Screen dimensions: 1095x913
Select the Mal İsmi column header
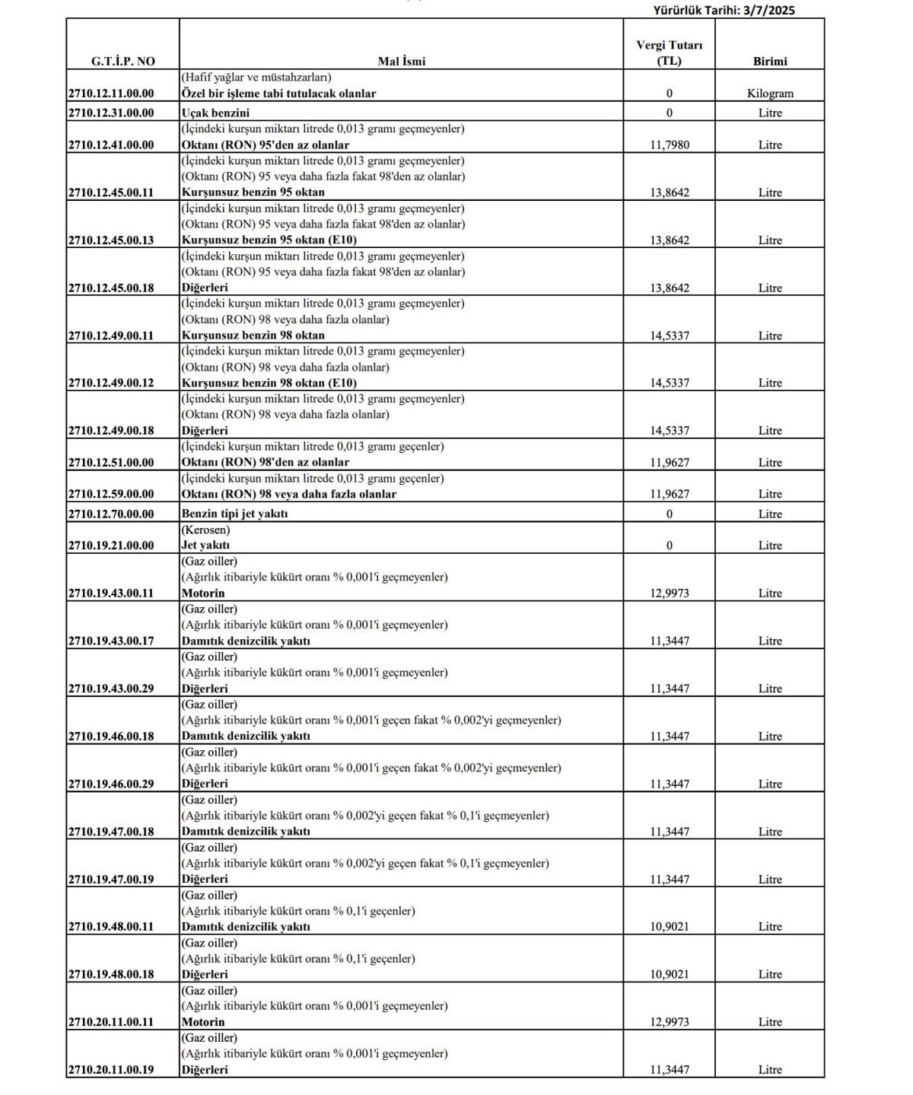tap(401, 61)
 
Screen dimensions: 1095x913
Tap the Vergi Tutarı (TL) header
tap(669, 53)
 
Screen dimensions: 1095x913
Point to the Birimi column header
tap(769, 61)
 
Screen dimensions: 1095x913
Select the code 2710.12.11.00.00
tap(111, 94)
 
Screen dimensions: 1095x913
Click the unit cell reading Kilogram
tap(769, 94)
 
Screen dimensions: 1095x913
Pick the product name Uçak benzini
tap(215, 113)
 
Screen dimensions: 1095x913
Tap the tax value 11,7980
tap(669, 145)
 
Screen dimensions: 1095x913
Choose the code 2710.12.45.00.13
tap(111, 240)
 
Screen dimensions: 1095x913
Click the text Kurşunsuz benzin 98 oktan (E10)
tap(269, 383)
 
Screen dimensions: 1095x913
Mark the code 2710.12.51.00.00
tap(111, 463)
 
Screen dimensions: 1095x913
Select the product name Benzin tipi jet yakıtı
tap(234, 514)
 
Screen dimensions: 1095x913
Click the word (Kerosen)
tap(205, 530)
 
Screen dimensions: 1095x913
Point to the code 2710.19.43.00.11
tap(111, 594)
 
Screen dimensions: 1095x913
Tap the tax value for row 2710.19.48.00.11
tap(669, 927)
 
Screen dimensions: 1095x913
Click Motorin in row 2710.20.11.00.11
tap(203, 1022)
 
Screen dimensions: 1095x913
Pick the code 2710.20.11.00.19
tap(111, 1070)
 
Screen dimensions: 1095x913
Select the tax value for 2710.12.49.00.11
tap(669, 336)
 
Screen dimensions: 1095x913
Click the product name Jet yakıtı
tap(205, 546)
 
